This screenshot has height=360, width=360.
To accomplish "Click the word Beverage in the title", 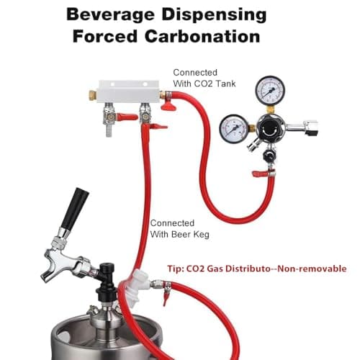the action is pos(110,14).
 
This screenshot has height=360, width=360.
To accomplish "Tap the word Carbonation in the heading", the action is pos(202,37).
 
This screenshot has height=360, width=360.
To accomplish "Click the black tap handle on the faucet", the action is pos(74,209).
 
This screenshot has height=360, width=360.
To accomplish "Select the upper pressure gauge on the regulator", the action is pos(270,91).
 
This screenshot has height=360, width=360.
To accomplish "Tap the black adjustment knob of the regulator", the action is pos(269,128).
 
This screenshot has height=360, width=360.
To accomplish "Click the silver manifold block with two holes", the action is pos(129,91).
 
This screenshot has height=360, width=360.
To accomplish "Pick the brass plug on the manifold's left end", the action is pos(93,94).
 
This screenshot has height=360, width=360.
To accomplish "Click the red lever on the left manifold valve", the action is pos(127,117).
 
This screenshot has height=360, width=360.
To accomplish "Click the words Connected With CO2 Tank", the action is pos(204,78).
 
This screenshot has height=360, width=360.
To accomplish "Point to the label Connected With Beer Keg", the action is pos(180,229).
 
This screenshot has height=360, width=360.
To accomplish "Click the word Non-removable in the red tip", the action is pos(312,269).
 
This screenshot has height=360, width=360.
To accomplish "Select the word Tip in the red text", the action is pos(174,269).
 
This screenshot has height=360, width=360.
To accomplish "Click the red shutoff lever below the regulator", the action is pos(260,174).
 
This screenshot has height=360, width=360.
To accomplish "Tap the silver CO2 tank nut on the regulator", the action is pos(311,127).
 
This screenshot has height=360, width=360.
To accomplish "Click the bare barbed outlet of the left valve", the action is pos(109,131).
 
